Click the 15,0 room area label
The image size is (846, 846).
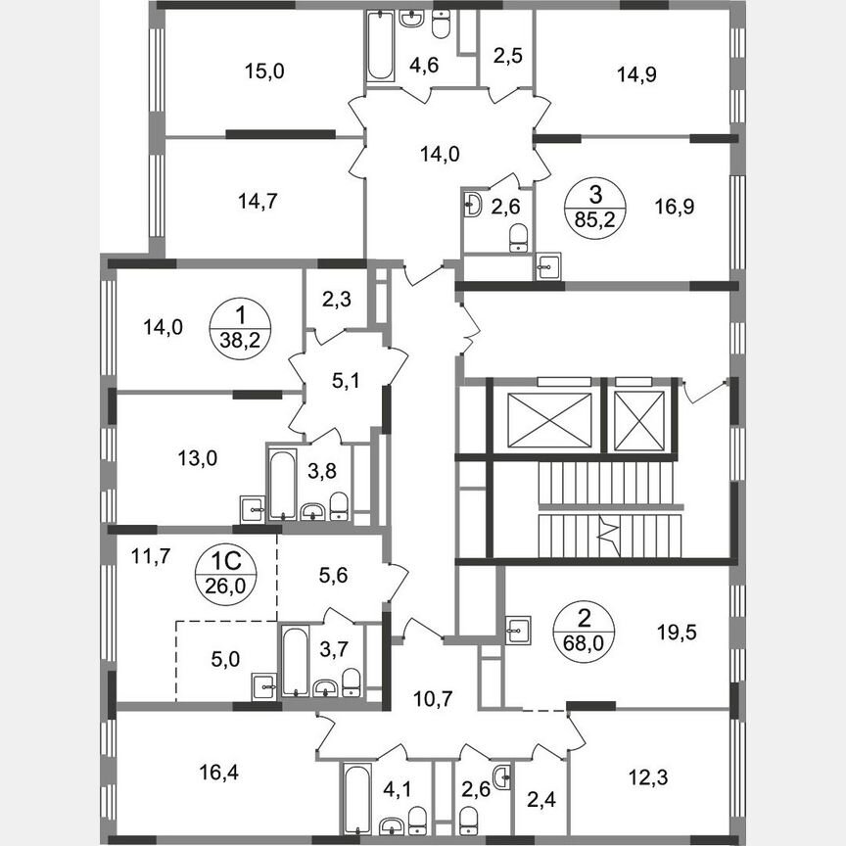258,70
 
